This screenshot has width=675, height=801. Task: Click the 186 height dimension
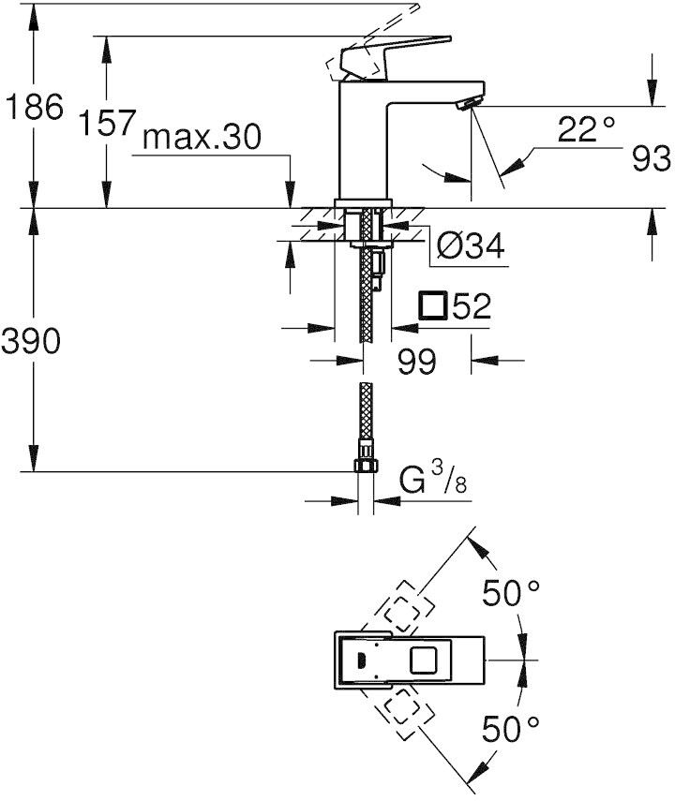[x=35, y=108]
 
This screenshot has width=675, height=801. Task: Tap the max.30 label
[x=202, y=137]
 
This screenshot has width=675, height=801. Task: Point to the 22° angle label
[x=586, y=129]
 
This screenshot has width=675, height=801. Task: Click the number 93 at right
[x=651, y=158]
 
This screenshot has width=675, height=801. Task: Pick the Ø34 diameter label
[x=471, y=245]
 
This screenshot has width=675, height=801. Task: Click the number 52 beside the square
[x=472, y=306]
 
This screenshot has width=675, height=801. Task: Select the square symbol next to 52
[x=433, y=306]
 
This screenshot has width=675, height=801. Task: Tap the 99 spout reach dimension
[x=417, y=362]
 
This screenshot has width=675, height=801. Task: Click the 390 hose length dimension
[x=31, y=341]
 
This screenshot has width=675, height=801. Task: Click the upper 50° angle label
[x=511, y=593]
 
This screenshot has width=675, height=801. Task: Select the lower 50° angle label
[x=511, y=729]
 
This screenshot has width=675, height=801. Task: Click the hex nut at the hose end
[x=366, y=466]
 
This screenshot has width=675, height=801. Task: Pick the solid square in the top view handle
[x=424, y=660]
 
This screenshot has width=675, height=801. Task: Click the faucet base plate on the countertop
[x=363, y=203]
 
